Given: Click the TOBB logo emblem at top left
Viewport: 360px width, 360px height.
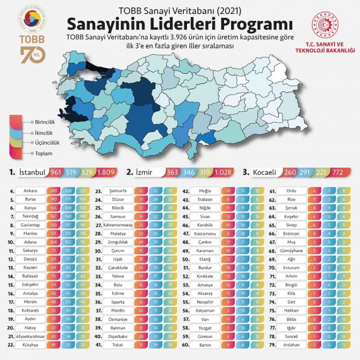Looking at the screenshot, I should click(x=29, y=23).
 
